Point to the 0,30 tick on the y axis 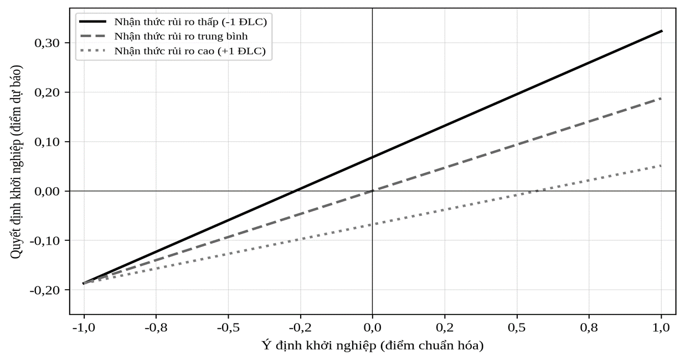47,43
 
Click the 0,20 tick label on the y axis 47,92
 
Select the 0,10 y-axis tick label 47,142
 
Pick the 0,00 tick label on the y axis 47,192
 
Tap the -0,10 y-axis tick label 45,241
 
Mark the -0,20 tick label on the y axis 45,290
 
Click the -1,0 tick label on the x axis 84,328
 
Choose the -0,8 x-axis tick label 156,328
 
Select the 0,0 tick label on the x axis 373,328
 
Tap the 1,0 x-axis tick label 661,328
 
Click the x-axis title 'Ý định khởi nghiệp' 318,346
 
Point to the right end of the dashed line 661,99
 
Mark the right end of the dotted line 661,166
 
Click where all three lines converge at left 84,284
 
